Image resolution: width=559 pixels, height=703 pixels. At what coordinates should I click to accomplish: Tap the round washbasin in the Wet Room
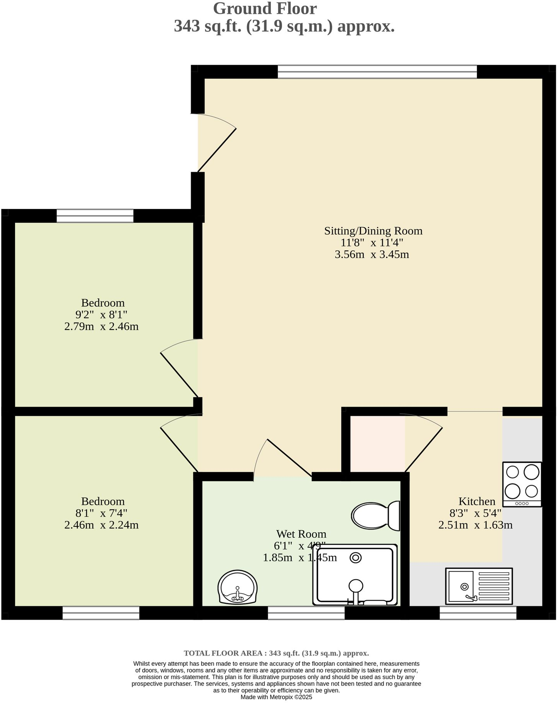click(237, 587)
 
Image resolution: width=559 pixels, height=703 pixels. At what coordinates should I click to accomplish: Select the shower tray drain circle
click(356, 558)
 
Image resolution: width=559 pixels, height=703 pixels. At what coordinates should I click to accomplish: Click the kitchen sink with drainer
click(479, 586)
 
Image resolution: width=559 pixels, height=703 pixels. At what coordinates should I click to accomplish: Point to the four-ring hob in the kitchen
click(522, 484)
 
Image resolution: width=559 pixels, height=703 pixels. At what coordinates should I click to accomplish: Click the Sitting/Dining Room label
click(373, 231)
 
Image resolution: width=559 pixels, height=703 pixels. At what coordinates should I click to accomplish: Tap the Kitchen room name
click(477, 501)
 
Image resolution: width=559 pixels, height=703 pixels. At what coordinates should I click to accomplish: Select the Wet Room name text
click(301, 534)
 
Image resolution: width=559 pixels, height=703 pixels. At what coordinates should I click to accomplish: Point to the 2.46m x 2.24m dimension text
click(101, 525)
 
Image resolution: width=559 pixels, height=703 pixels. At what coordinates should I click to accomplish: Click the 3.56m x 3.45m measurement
click(372, 254)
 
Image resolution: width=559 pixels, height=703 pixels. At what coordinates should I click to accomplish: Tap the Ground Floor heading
click(265, 8)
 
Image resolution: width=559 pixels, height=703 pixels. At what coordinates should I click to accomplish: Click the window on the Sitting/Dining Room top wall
click(377, 72)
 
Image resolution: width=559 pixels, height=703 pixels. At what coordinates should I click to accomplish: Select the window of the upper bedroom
click(95, 216)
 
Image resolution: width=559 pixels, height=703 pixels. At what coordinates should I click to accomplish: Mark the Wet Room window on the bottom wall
click(306, 613)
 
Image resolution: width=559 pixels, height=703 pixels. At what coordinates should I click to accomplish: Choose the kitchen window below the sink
click(478, 613)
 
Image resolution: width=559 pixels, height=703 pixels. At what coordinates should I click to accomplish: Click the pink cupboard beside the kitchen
click(377, 443)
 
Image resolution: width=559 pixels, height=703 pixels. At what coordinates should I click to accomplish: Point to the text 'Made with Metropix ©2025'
click(276, 697)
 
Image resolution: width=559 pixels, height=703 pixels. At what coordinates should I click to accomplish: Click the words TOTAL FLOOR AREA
click(223, 653)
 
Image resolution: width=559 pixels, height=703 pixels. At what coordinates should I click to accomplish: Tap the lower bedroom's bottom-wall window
click(101, 613)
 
